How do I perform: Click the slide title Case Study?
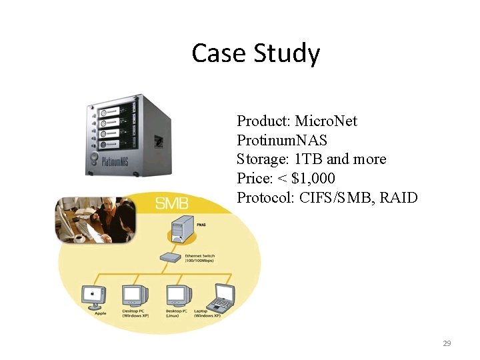[x=255, y=53]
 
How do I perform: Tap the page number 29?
[x=447, y=343]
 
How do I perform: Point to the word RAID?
[x=399, y=198]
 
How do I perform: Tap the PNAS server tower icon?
[x=181, y=231]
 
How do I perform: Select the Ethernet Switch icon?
[x=171, y=257]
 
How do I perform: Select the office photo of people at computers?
[x=95, y=220]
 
